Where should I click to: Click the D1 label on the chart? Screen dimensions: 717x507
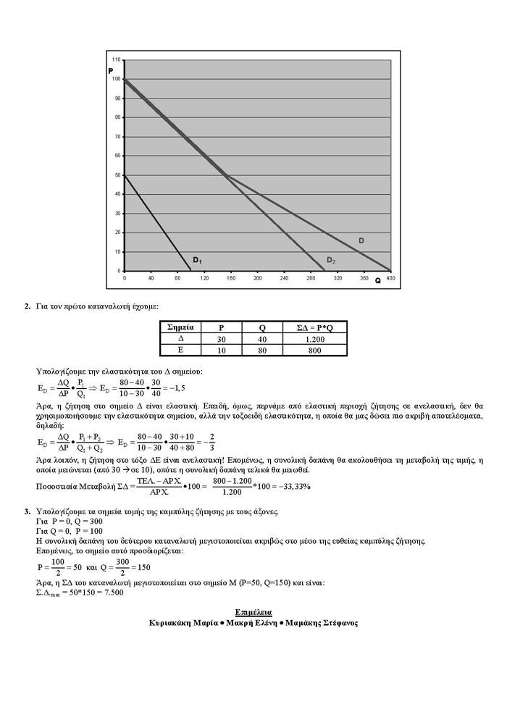pos(197,259)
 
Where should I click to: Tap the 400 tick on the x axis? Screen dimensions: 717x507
pos(390,278)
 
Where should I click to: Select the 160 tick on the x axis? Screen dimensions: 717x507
pos(231,278)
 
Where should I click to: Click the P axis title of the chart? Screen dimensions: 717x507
pos(111,70)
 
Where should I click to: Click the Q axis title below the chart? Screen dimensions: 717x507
pos(377,280)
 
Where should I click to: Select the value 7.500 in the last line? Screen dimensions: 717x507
pos(112,592)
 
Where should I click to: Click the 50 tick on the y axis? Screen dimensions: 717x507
pos(119,175)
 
